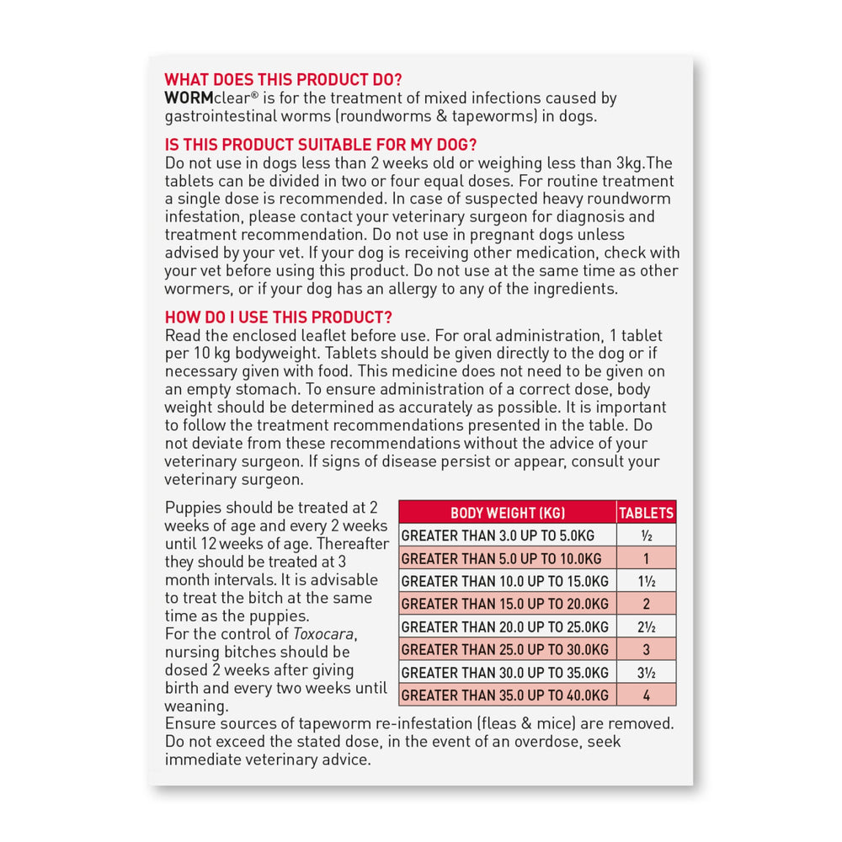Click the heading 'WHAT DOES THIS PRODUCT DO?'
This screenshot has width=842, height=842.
283,80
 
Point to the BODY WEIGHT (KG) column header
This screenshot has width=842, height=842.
507,513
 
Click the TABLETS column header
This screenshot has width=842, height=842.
646,513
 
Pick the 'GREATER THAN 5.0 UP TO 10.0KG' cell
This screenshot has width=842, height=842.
502,558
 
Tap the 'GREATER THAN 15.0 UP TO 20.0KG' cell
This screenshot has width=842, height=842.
505,604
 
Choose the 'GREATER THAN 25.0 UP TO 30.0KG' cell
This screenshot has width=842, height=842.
505,649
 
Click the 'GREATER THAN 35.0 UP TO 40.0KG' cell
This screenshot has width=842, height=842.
505,695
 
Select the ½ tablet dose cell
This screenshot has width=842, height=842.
646,536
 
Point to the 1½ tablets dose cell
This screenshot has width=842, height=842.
646,581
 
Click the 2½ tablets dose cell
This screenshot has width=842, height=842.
646,626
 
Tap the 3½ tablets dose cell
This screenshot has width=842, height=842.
646,672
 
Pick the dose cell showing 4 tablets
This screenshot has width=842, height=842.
646,695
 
